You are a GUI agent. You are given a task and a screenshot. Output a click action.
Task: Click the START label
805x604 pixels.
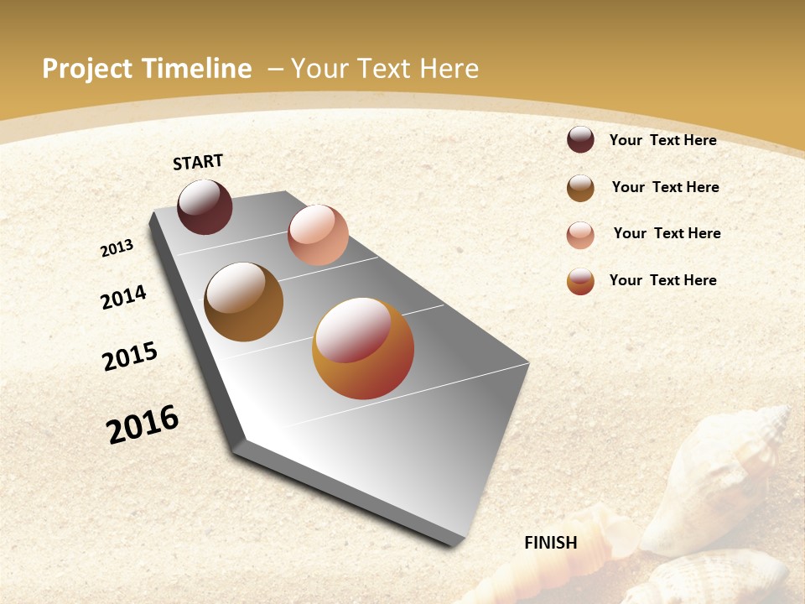[x=198, y=162]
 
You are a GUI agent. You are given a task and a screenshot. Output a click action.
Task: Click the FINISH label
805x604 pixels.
[x=551, y=543]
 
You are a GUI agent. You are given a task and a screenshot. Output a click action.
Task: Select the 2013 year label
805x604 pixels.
[x=117, y=248]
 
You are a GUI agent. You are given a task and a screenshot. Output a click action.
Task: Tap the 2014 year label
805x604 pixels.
[x=123, y=297]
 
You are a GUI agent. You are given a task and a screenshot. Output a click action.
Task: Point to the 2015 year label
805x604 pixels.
[x=130, y=357]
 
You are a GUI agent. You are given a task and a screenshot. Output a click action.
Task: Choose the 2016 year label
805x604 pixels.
[x=143, y=424]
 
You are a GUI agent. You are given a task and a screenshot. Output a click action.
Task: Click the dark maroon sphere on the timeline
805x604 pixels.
[x=205, y=206]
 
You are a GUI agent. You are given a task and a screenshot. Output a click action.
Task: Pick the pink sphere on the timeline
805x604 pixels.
[x=318, y=235]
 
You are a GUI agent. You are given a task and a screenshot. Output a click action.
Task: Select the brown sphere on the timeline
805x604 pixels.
[x=243, y=302]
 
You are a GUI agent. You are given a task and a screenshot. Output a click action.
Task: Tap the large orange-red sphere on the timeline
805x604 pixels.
[x=363, y=348]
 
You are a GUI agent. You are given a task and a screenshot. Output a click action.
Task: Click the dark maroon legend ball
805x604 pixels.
[x=580, y=139]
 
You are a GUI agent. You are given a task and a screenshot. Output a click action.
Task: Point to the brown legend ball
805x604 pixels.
[x=580, y=188]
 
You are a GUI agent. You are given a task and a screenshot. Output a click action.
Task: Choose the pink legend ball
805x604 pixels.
[x=580, y=235]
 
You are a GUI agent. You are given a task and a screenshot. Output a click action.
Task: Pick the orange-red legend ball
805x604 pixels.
[x=580, y=281]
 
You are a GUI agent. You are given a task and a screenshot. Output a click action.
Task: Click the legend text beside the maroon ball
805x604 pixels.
[x=662, y=140]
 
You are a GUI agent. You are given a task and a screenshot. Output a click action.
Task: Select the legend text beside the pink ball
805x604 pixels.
[x=667, y=233]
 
